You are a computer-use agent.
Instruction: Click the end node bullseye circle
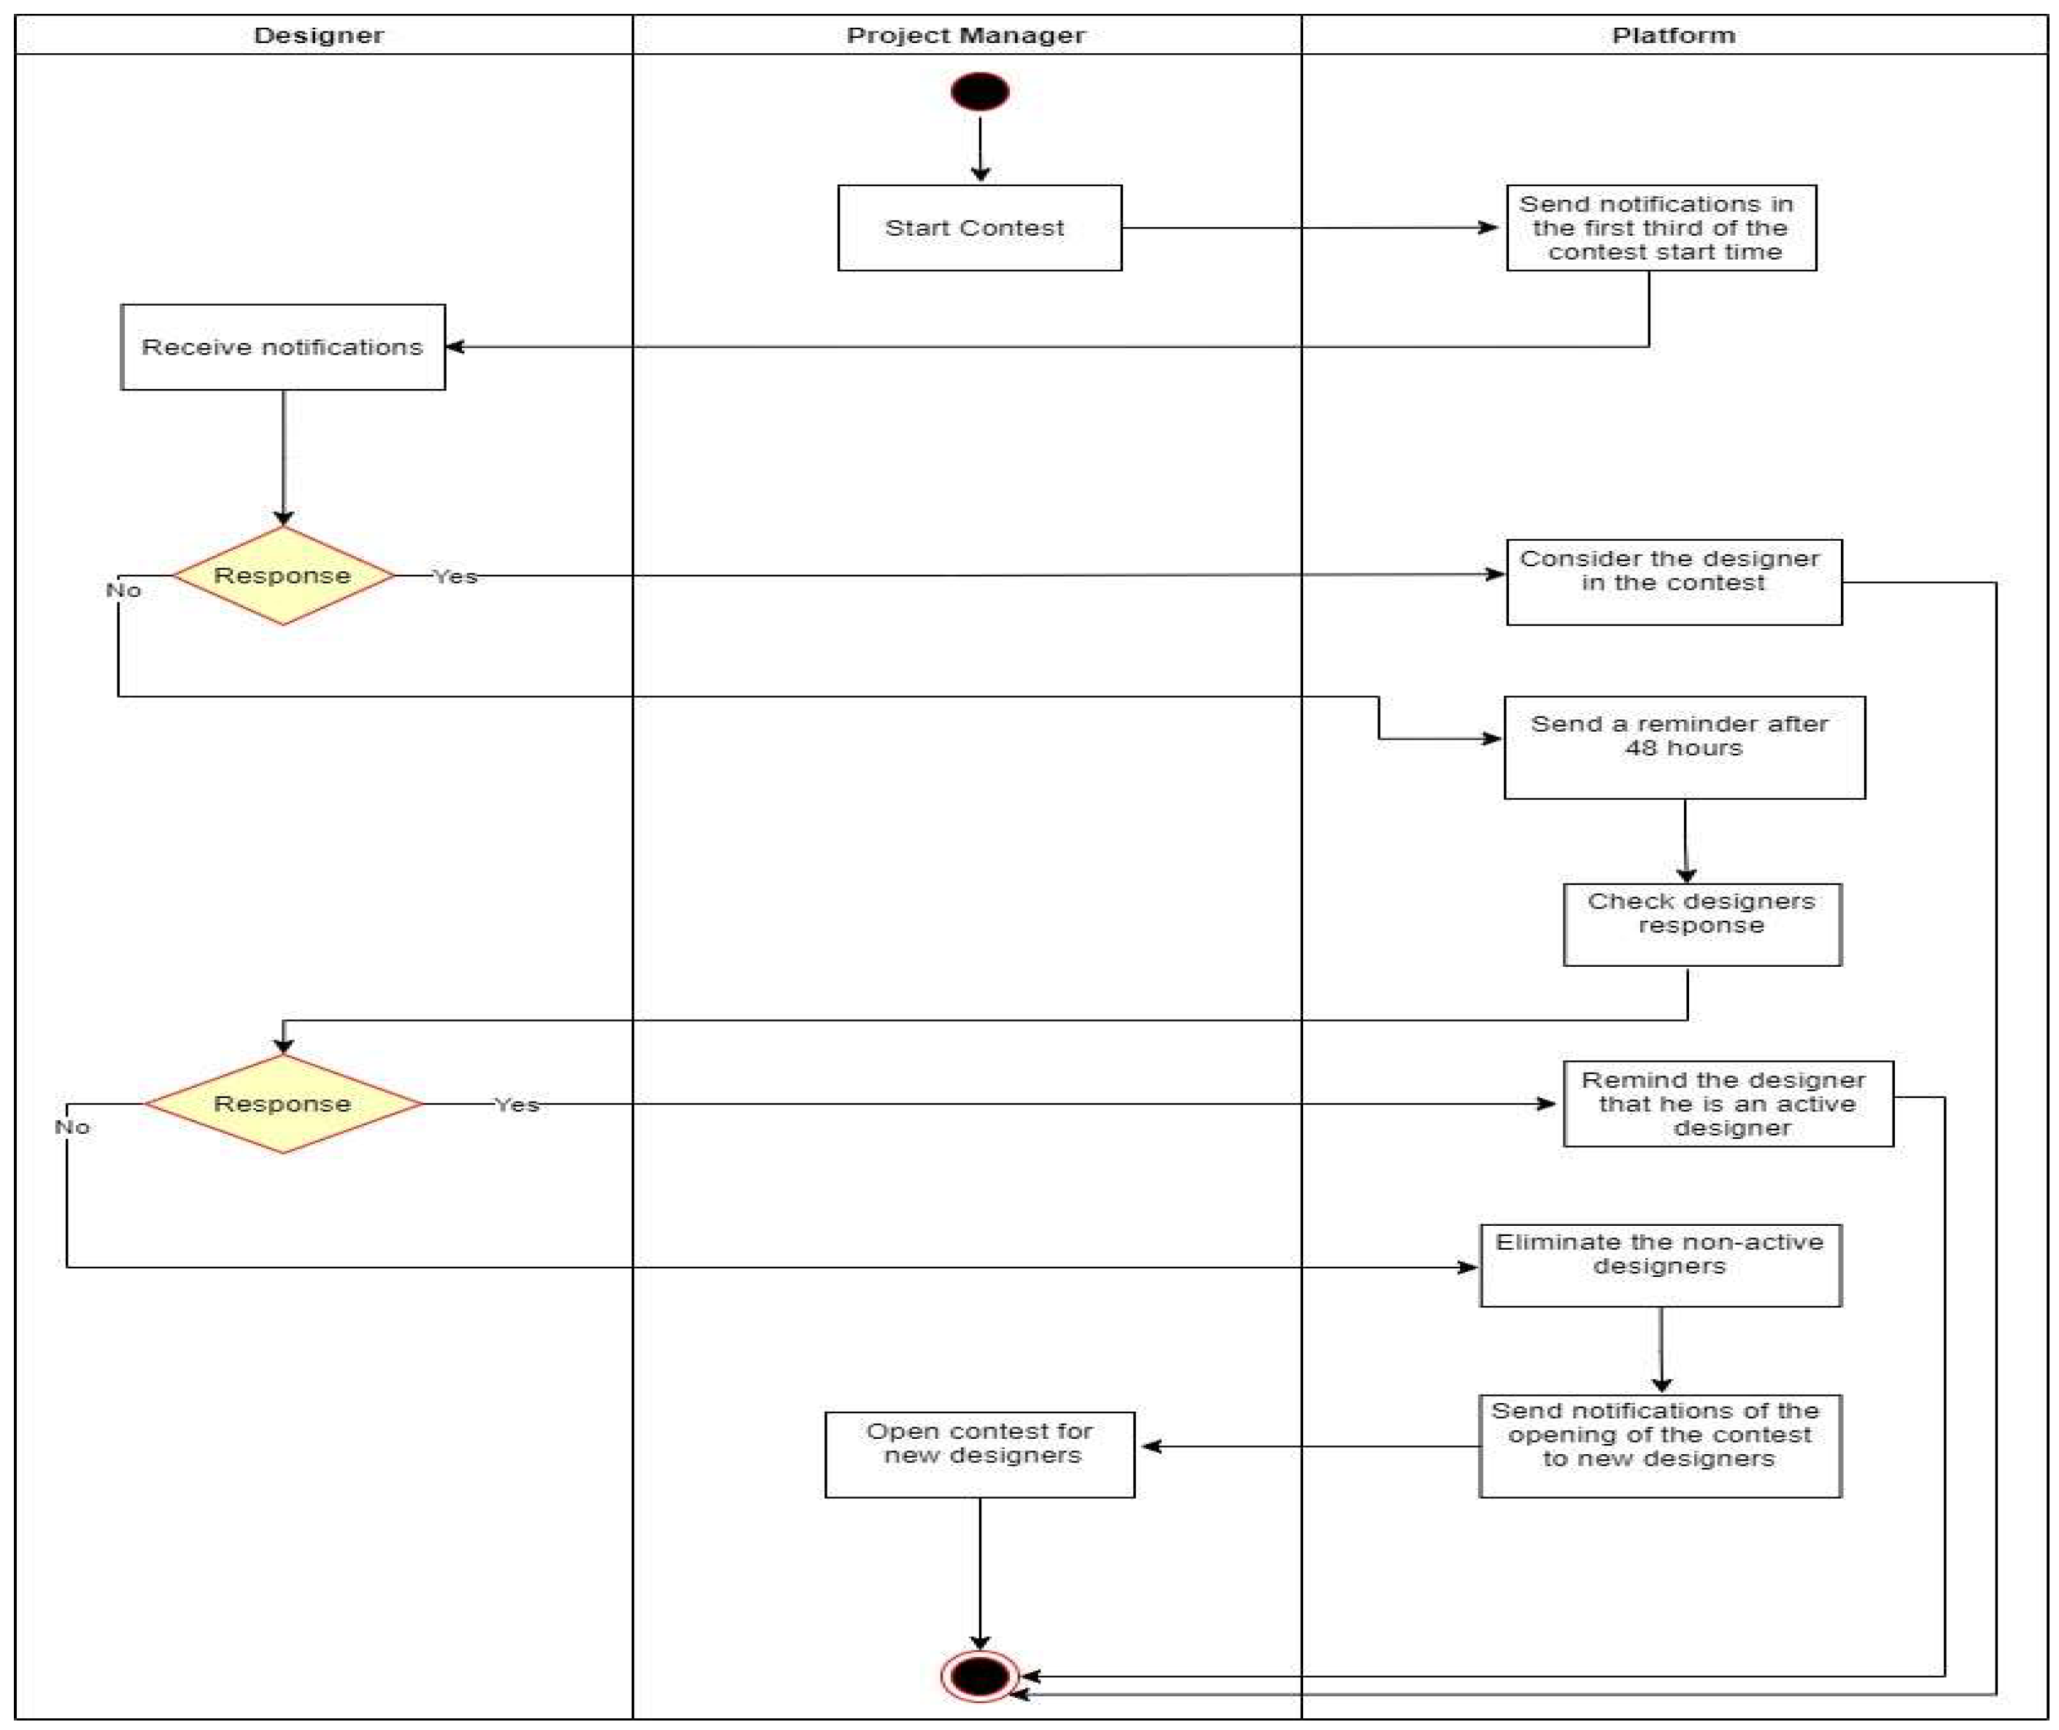click(x=979, y=1675)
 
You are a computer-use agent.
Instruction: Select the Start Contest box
click(x=979, y=228)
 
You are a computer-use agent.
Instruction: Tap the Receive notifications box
click(x=282, y=347)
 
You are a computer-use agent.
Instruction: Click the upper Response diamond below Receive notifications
click(x=282, y=576)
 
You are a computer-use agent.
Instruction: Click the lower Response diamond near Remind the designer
click(x=282, y=1103)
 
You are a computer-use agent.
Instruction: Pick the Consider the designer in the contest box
click(x=1674, y=582)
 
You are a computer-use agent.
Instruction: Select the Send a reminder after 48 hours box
click(x=1683, y=747)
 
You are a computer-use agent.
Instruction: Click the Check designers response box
click(x=1701, y=924)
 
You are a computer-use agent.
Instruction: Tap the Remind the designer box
click(x=1728, y=1103)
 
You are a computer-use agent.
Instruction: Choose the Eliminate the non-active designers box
click(x=1660, y=1265)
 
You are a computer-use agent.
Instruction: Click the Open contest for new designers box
click(x=979, y=1454)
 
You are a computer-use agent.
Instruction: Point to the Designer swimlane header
click(x=319, y=35)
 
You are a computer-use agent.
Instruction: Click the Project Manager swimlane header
click(x=966, y=35)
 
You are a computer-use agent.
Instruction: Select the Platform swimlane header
click(x=1674, y=35)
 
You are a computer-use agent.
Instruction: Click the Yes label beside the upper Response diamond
click(x=456, y=576)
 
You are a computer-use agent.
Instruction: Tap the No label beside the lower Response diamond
click(x=72, y=1127)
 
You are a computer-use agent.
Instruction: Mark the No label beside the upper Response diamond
click(x=123, y=590)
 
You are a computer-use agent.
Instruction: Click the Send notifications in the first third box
click(x=1660, y=228)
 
